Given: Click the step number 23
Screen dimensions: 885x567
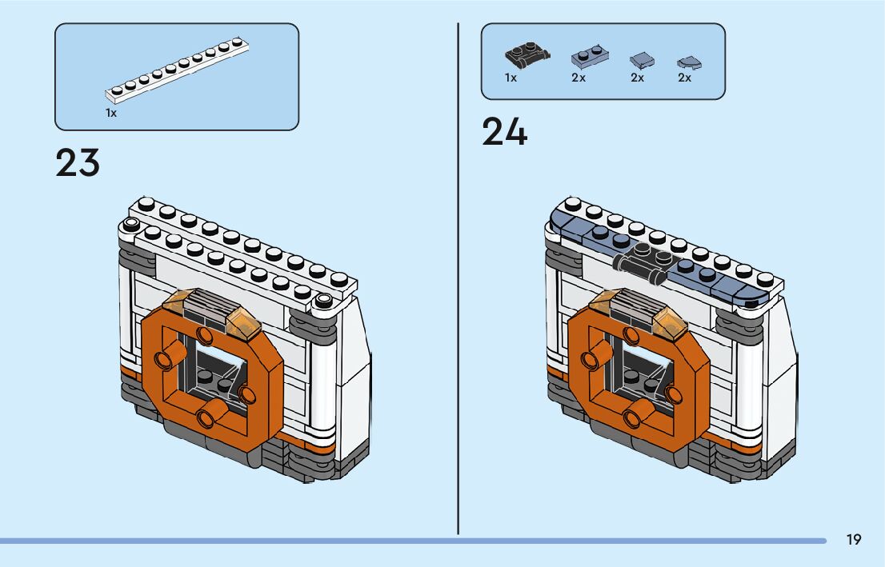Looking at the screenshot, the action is pos(78,163).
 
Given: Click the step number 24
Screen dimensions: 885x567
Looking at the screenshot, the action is pos(504,132).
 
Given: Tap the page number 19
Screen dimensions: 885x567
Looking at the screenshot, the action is pos(854,540).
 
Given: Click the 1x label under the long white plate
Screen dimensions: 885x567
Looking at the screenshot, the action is pos(111,114).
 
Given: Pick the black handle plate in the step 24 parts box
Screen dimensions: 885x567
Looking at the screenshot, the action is pos(527,55).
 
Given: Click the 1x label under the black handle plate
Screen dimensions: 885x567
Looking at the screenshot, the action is pos(511,78).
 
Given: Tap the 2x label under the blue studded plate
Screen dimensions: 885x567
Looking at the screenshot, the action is pos(578,78).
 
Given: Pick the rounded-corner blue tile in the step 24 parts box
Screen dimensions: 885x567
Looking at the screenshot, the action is pos(687,61).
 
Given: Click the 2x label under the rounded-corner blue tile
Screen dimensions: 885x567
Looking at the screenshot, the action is pos(684,78).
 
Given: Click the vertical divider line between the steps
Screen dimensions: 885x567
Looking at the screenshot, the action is pos(458,280).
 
